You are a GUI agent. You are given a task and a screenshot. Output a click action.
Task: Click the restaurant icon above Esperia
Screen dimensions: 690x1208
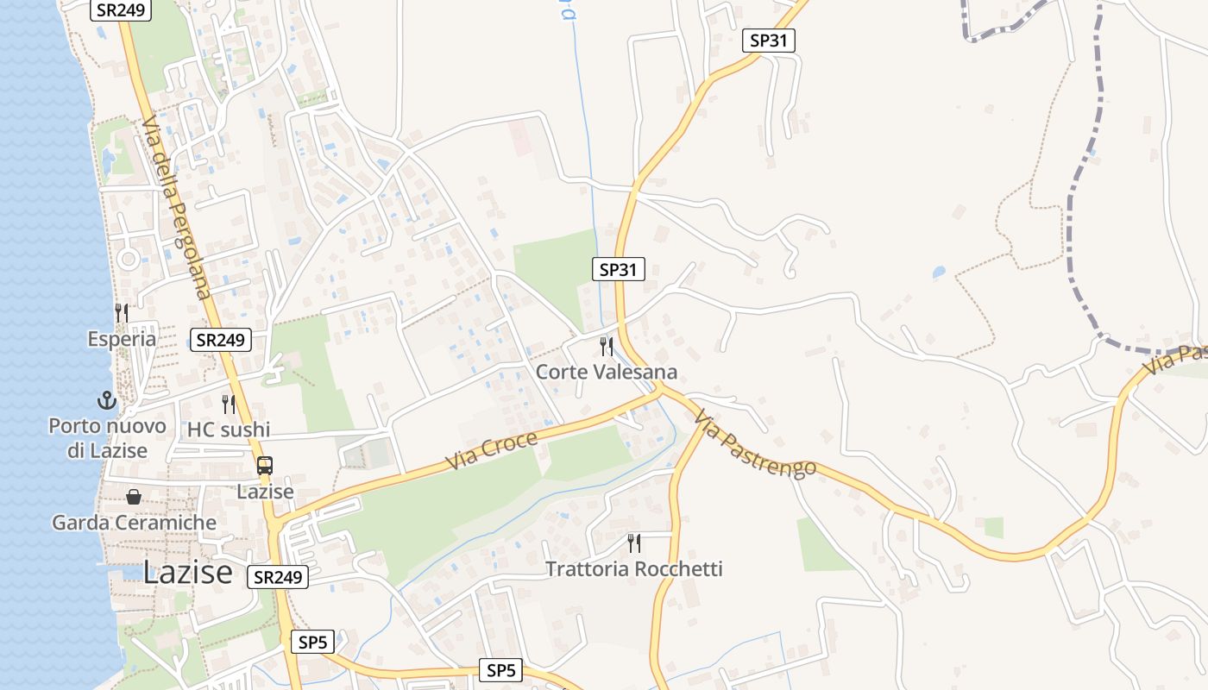click(122, 312)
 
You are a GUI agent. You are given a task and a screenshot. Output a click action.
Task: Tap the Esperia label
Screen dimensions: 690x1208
click(122, 339)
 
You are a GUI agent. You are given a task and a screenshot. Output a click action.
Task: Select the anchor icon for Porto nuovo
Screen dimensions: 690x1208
click(106, 400)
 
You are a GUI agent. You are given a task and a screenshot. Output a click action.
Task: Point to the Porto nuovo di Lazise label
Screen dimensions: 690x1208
click(107, 438)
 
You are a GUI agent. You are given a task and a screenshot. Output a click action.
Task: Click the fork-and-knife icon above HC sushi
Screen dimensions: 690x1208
click(229, 404)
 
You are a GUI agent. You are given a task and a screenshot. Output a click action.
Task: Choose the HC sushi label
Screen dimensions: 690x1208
click(229, 430)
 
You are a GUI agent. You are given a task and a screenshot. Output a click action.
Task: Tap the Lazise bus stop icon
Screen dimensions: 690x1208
click(265, 466)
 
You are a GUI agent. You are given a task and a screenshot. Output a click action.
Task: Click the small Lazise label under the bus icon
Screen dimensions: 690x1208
click(265, 492)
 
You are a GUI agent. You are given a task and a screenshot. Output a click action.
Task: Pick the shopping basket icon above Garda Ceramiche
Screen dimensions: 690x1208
click(134, 497)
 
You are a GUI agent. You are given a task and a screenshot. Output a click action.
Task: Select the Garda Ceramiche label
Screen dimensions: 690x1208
click(134, 523)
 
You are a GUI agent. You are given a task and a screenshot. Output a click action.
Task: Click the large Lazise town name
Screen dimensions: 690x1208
click(187, 572)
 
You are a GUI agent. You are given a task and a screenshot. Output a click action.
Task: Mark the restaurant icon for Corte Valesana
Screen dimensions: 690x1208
click(607, 347)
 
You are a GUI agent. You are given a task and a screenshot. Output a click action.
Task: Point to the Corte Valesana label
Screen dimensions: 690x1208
click(607, 373)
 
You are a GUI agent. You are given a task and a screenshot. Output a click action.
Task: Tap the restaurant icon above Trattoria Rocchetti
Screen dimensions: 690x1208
click(634, 543)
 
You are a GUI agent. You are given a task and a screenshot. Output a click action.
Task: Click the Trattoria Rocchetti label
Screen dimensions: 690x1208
click(634, 569)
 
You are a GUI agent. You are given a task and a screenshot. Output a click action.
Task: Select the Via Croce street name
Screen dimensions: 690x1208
click(492, 450)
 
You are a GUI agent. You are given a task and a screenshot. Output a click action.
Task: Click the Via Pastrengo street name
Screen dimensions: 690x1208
click(754, 443)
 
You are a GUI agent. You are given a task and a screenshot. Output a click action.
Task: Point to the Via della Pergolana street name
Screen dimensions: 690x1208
click(176, 207)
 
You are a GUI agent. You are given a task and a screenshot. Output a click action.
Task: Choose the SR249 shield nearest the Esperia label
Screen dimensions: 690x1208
click(221, 340)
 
